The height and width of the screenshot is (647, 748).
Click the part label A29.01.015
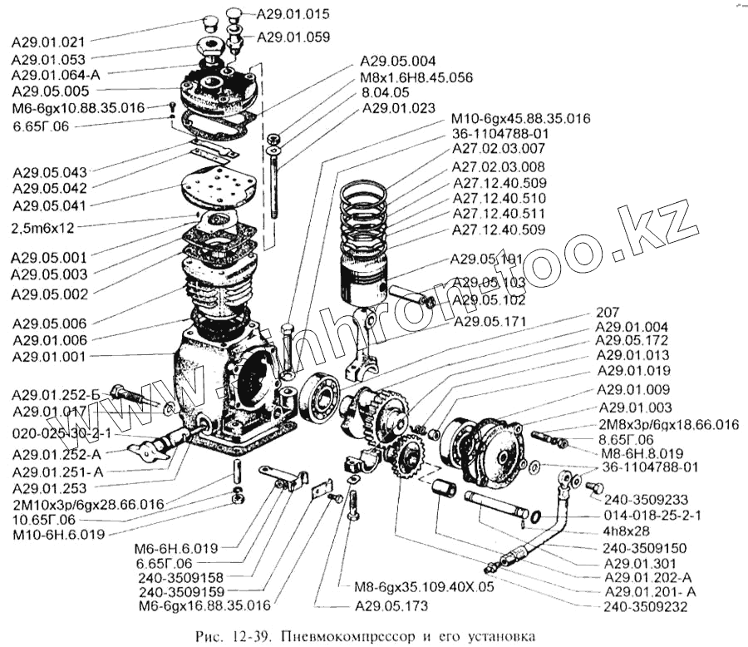click(x=293, y=14)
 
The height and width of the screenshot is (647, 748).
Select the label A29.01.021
click(x=50, y=42)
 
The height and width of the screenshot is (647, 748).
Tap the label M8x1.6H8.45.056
click(x=416, y=77)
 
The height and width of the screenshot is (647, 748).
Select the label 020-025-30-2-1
click(x=62, y=435)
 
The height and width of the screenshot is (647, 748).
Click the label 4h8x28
click(x=628, y=531)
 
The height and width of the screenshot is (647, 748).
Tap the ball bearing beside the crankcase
click(x=321, y=397)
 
